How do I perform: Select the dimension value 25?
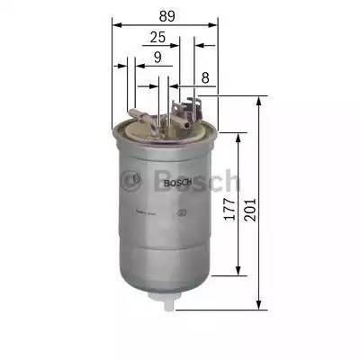pos(157,38)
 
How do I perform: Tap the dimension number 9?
pos(157,58)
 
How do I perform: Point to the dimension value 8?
pos(206,78)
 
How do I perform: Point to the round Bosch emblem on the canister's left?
pos(136,179)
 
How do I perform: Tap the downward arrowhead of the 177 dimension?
pos(239,272)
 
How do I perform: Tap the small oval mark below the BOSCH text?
pos(183,213)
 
